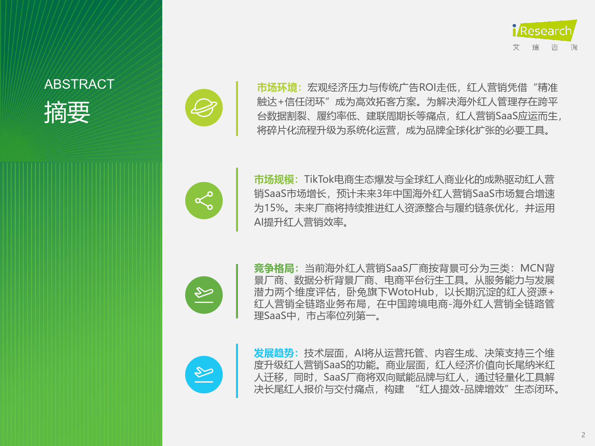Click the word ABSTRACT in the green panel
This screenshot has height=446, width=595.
[79, 84]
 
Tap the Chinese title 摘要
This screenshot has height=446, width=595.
[67, 112]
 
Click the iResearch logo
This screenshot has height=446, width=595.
[545, 31]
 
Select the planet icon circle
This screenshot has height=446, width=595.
[204, 107]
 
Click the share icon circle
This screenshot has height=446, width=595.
[204, 200]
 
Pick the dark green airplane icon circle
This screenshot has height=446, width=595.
[204, 295]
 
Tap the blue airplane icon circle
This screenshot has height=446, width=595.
[204, 375]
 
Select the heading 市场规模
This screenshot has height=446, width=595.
[274, 180]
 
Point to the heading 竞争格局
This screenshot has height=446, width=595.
[274, 268]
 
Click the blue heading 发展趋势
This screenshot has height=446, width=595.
[274, 353]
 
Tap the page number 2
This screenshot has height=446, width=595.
[583, 435]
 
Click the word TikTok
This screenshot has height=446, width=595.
[319, 179]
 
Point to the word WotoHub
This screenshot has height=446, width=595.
[411, 292]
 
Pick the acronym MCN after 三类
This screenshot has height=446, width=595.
[532, 268]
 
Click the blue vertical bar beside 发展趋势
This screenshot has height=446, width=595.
[237, 371]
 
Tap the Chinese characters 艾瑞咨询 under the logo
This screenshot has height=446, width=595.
[545, 48]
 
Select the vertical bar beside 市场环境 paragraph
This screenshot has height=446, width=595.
[237, 109]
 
